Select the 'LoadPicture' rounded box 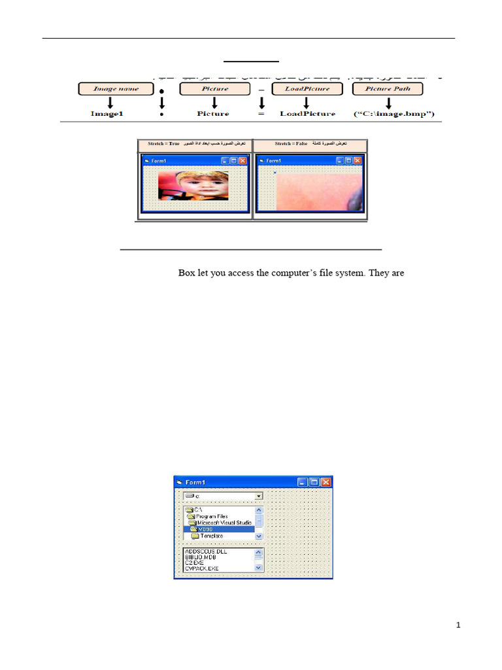(x=307, y=89)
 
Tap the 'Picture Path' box (x=388, y=89)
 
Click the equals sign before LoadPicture (x=261, y=114)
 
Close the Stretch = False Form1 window (x=358, y=160)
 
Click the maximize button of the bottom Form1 (x=314, y=482)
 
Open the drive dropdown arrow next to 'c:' (x=259, y=497)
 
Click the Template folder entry (x=210, y=536)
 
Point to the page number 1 (x=458, y=626)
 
